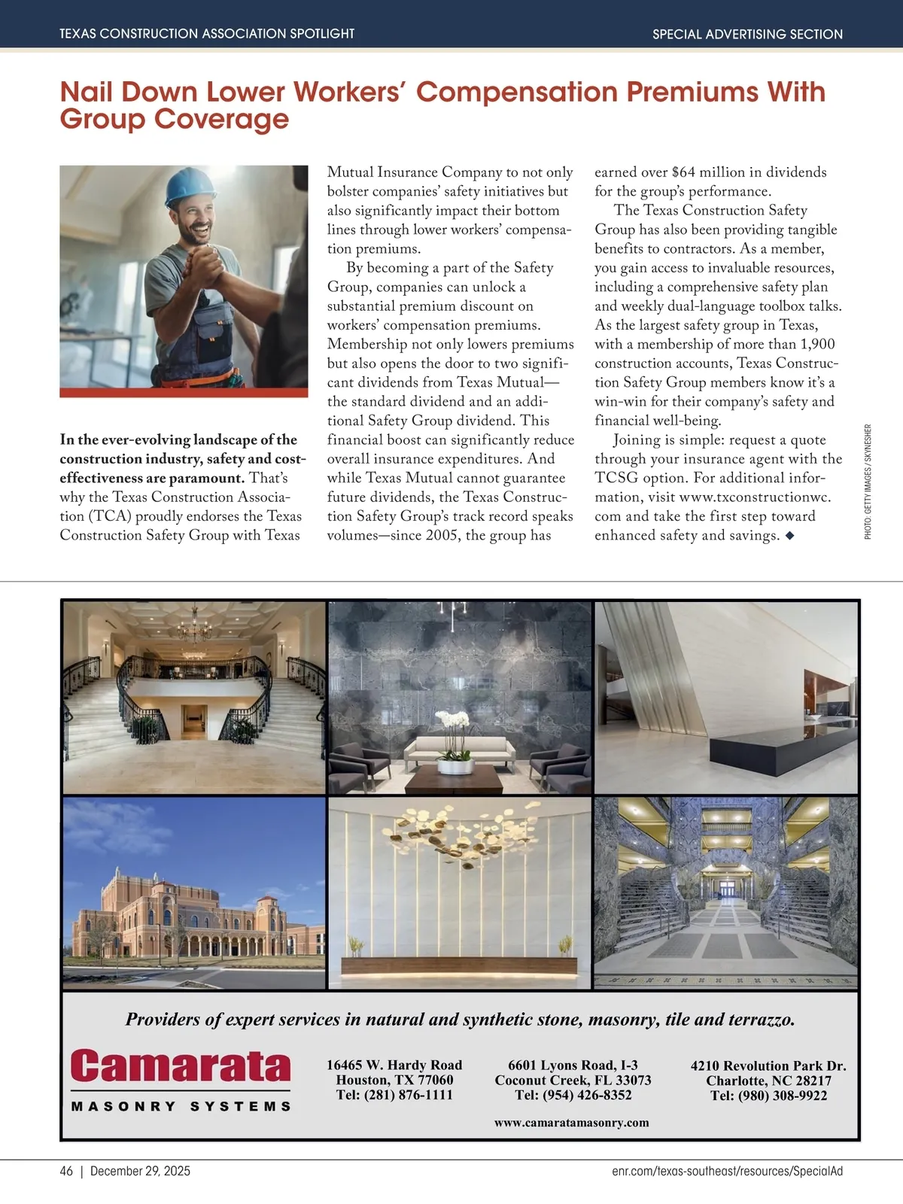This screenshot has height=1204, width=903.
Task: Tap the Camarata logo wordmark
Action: [181, 1066]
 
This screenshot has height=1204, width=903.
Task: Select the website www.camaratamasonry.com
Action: [571, 1123]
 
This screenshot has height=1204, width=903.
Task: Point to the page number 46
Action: [66, 1171]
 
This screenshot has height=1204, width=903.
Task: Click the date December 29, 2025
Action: [140, 1171]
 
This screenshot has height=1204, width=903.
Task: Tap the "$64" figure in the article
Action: [685, 172]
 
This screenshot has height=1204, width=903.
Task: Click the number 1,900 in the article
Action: [817, 345]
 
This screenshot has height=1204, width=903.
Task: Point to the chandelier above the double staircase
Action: [194, 625]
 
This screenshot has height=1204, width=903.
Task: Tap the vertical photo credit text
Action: [868, 482]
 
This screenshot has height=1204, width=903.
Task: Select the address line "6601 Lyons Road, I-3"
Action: [573, 1065]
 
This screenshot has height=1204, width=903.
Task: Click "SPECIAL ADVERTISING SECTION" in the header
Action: [747, 34]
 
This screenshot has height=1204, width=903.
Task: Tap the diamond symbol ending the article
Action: [789, 536]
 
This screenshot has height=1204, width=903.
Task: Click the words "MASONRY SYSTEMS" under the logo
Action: [181, 1106]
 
